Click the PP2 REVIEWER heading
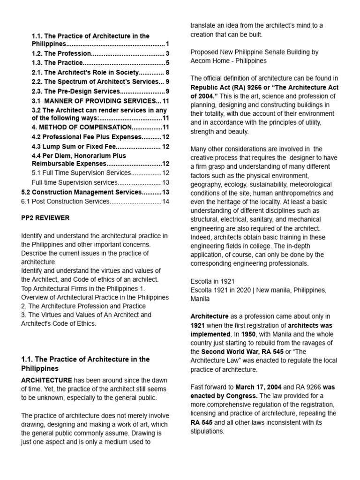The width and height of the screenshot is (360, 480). coord(45,218)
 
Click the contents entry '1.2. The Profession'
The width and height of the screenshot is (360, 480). coord(61,53)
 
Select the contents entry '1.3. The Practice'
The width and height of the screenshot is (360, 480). coord(57,63)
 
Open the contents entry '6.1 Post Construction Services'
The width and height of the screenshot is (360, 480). coord(65,201)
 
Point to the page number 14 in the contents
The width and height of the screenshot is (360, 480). coord(165,201)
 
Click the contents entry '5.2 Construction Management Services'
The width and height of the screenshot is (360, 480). coord(81,192)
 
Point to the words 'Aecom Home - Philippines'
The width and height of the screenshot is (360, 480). coord(228,60)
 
